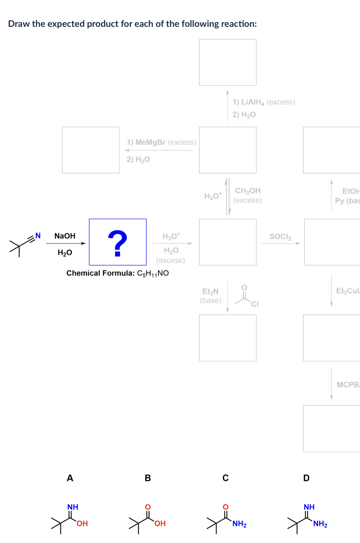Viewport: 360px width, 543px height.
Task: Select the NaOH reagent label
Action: click(x=65, y=236)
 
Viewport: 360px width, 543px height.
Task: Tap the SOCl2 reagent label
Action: click(x=280, y=237)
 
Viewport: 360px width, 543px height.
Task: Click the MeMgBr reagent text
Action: click(x=150, y=142)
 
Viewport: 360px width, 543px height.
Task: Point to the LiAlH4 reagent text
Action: click(x=249, y=102)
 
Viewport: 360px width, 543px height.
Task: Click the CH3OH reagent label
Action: click(x=248, y=191)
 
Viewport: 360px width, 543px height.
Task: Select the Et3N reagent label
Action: click(x=210, y=291)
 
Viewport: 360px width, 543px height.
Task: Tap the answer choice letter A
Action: click(x=70, y=478)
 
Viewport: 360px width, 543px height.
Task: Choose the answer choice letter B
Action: click(x=148, y=478)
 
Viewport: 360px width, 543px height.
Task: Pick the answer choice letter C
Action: click(x=225, y=478)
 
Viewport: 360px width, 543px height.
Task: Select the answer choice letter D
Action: click(x=306, y=478)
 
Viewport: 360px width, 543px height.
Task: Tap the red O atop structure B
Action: click(x=148, y=507)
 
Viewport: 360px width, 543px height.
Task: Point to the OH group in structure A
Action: click(x=82, y=523)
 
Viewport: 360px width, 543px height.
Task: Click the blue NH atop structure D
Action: click(x=309, y=507)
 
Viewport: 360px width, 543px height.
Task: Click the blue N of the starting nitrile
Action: click(x=38, y=236)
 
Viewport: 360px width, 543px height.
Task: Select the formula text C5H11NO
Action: click(x=153, y=273)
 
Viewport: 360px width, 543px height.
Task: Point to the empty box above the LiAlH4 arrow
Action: click(x=228, y=62)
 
